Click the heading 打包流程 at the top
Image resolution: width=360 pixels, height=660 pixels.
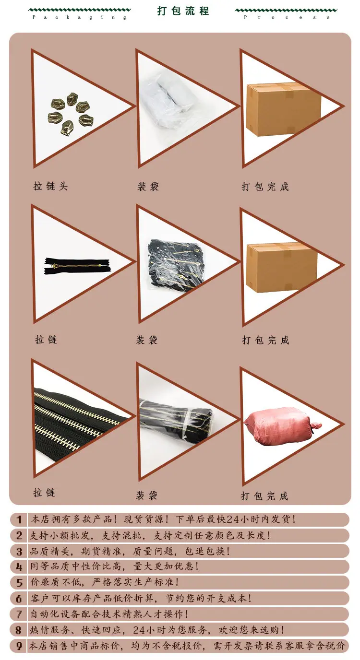[183, 11]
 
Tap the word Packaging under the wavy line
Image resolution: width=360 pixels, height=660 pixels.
[80, 17]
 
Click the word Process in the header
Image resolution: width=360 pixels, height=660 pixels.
[287, 17]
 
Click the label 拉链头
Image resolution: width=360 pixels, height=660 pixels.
[51, 186]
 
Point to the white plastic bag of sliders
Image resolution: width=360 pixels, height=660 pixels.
[165, 102]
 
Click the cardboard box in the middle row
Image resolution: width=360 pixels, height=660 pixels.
[282, 268]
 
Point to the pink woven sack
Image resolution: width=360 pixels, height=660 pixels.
[282, 425]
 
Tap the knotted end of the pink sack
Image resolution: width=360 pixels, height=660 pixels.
[315, 426]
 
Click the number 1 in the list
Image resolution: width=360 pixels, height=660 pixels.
[19, 519]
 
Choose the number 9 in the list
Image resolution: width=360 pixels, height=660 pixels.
[19, 647]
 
